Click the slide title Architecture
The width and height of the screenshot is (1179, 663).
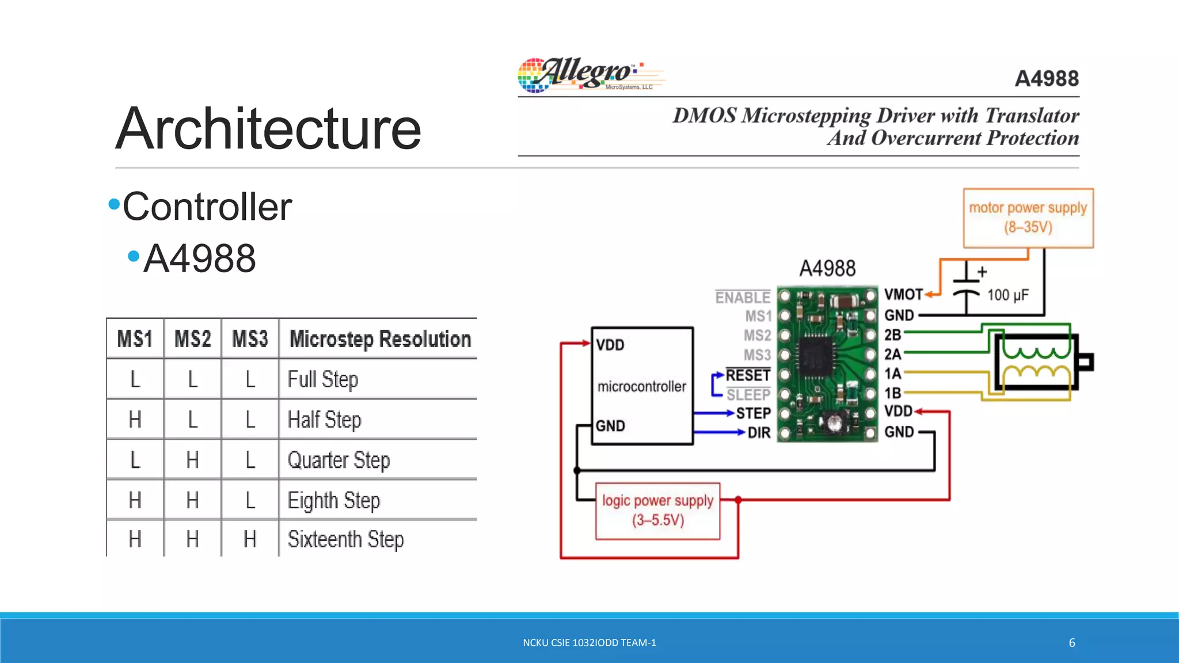tap(268, 129)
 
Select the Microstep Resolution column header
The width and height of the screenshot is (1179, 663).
tap(380, 339)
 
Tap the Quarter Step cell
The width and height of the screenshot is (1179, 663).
tap(339, 460)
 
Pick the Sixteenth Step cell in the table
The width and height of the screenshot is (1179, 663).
tap(345, 539)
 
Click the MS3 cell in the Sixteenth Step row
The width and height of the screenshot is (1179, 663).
tap(250, 539)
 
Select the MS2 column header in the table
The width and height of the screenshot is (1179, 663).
tap(192, 339)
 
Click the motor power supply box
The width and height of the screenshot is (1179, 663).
tap(1028, 218)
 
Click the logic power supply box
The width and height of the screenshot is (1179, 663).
tap(657, 510)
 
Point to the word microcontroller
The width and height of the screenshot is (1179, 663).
tap(641, 386)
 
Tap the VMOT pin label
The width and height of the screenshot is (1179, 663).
tap(903, 295)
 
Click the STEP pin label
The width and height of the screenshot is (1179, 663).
tap(753, 413)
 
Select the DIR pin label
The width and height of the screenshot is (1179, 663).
tap(759, 433)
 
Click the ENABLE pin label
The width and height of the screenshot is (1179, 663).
tap(743, 298)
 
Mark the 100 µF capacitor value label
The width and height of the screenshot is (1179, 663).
tap(1007, 295)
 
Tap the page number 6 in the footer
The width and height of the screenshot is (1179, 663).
tap(1072, 643)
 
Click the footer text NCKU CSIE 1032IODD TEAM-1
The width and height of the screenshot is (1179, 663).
tap(589, 643)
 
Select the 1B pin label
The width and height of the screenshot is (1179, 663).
tap(893, 393)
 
